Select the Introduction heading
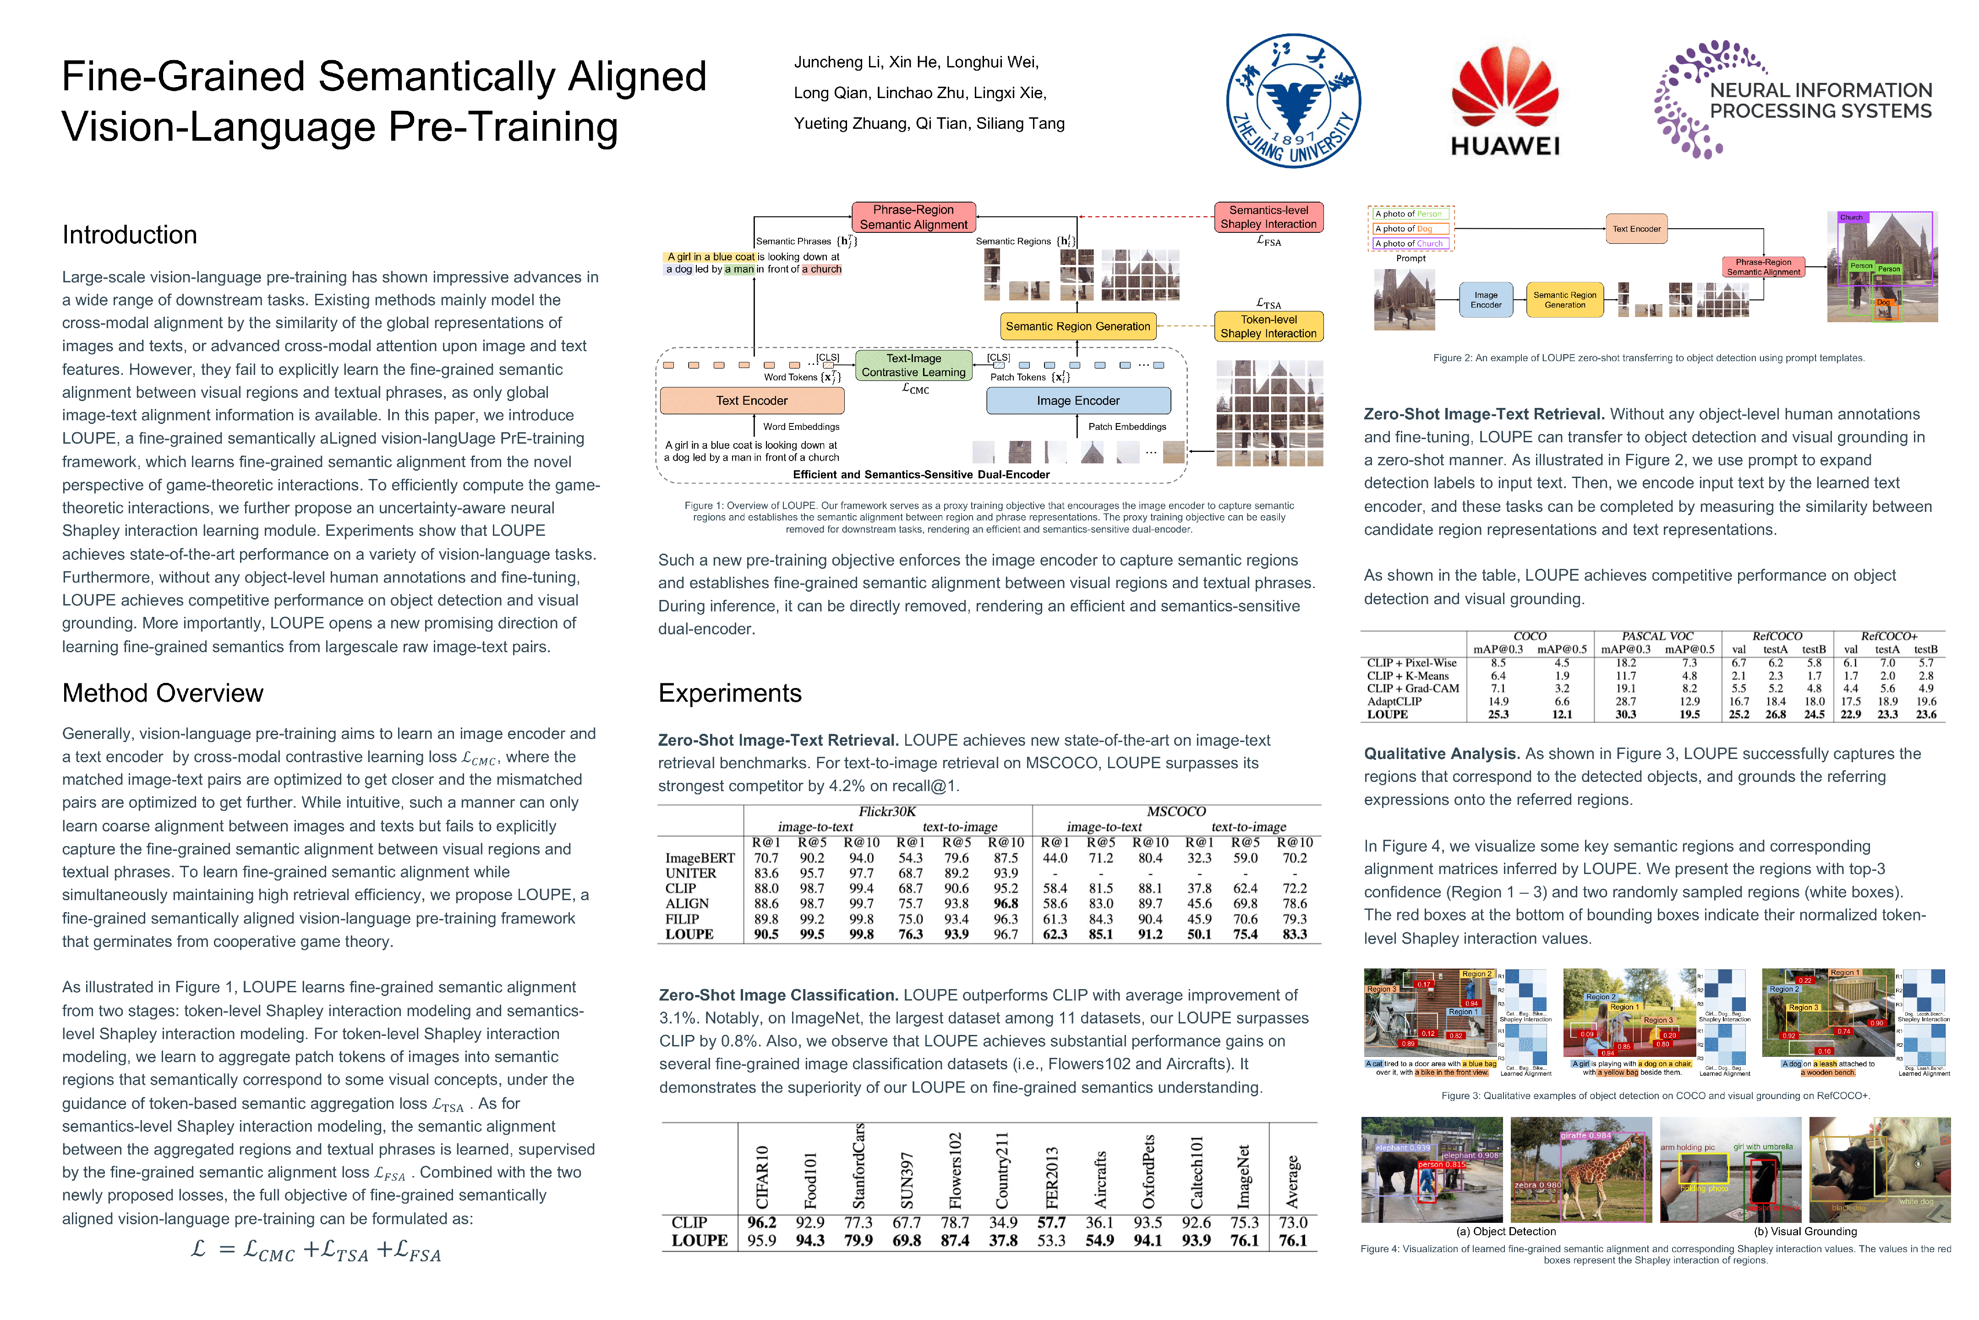[x=130, y=235]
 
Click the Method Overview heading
[x=162, y=693]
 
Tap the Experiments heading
[x=729, y=693]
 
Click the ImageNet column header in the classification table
[x=1245, y=1177]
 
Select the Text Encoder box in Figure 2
[x=1636, y=229]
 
